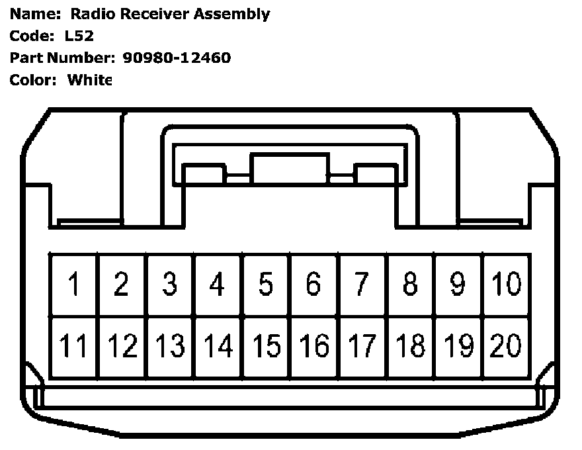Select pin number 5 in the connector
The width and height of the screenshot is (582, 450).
point(265,285)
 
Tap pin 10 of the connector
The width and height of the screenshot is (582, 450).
point(506,285)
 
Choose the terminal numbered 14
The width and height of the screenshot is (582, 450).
point(218,346)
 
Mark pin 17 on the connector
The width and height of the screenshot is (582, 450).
point(362,346)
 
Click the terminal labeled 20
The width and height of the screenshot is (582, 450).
point(506,346)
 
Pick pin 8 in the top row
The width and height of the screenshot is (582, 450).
point(410,285)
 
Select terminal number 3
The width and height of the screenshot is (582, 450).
point(170,285)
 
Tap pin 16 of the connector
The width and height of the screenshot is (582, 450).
point(313,346)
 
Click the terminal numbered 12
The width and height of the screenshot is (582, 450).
point(122,346)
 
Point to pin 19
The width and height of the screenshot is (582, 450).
point(458,346)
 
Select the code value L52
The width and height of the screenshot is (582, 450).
point(80,36)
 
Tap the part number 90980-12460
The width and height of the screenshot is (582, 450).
point(177,58)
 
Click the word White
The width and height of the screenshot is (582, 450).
point(90,80)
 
